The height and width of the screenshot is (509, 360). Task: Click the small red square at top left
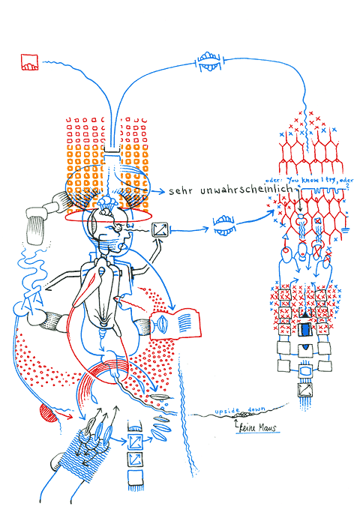(29, 62)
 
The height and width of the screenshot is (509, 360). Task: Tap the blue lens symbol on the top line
(208, 64)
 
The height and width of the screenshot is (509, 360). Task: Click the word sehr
(181, 191)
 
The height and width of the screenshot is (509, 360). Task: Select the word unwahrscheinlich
(246, 191)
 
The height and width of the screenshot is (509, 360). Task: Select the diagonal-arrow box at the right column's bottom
(305, 390)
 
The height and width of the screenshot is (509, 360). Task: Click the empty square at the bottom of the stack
(136, 477)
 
